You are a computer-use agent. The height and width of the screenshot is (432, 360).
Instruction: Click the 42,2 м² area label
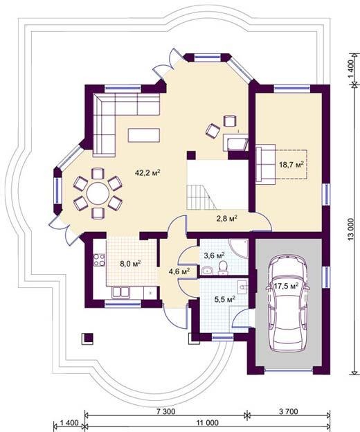click(x=148, y=173)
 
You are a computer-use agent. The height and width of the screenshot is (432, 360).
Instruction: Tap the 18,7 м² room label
click(x=291, y=165)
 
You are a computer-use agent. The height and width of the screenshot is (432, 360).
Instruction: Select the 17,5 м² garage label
click(x=287, y=286)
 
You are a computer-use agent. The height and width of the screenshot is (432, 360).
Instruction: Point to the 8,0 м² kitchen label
click(x=131, y=263)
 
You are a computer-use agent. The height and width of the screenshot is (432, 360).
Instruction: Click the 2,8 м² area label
click(x=226, y=219)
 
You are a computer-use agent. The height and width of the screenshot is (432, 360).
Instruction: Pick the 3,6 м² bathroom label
click(x=214, y=255)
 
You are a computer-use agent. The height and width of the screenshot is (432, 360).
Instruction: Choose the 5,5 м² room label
click(x=224, y=298)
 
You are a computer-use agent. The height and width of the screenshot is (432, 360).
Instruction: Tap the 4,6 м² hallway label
click(x=179, y=271)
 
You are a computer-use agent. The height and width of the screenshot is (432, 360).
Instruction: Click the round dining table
click(x=98, y=193)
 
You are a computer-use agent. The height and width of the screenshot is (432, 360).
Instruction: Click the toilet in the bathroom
click(x=223, y=268)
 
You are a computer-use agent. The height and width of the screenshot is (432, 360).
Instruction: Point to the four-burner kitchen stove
click(x=100, y=260)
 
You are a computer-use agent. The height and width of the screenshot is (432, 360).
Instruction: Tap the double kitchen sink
click(x=120, y=292)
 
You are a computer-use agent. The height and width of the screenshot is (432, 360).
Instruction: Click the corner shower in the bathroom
click(x=239, y=249)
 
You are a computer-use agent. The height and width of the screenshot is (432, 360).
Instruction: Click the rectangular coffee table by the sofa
click(x=144, y=135)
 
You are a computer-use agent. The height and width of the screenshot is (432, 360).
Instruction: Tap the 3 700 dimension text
click(x=289, y=412)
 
